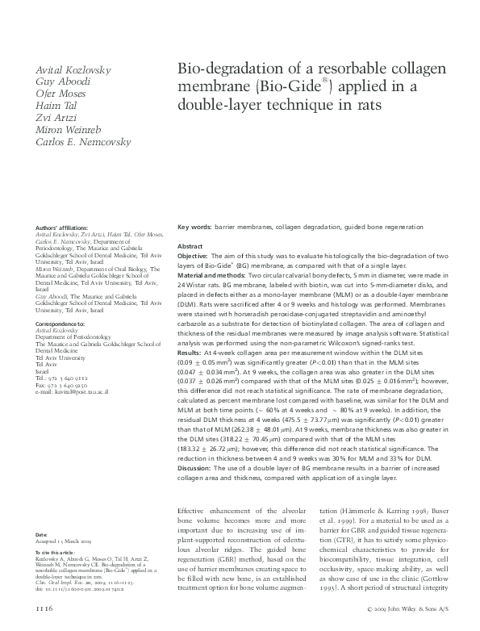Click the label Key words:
(x=194, y=228)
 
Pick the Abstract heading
(x=190, y=245)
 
